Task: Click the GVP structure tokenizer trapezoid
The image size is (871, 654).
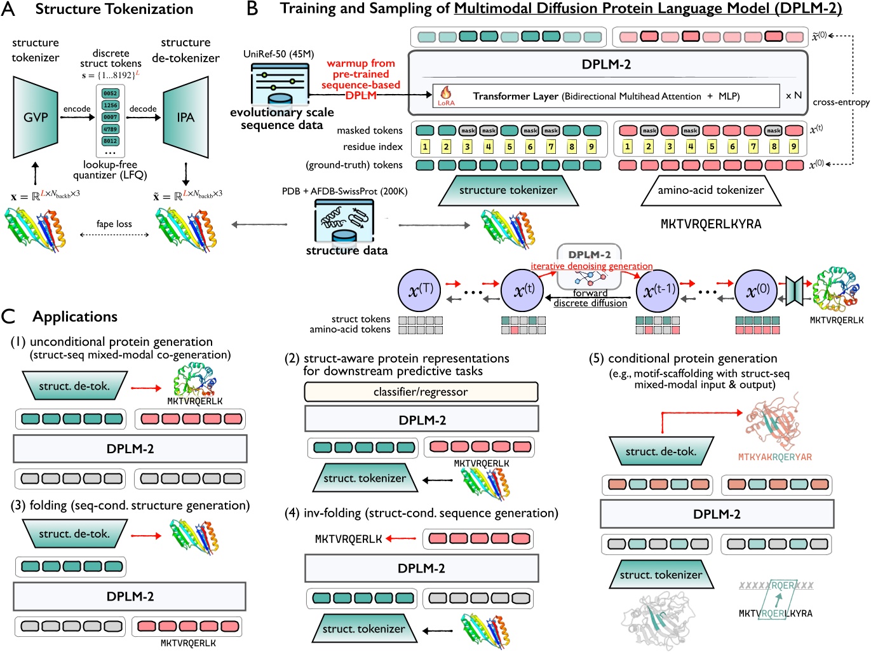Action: [36, 118]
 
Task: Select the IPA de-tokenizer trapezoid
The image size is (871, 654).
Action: [186, 118]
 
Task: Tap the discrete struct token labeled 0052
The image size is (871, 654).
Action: [111, 93]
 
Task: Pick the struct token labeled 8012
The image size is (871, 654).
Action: [111, 141]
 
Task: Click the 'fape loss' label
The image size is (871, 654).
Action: [114, 224]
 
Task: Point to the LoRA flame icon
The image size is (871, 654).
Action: [446, 94]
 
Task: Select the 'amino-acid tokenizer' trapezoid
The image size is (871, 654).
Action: [710, 190]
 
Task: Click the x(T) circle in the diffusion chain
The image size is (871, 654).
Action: [419, 290]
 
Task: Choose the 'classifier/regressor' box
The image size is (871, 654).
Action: [421, 392]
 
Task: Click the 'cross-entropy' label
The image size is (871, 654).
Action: [841, 102]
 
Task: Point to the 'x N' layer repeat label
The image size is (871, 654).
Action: [793, 95]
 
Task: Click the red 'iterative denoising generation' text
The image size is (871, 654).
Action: [591, 266]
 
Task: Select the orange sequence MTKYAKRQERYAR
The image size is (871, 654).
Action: [774, 457]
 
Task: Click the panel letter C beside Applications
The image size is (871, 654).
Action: [8, 317]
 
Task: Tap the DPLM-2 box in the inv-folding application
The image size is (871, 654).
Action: [421, 568]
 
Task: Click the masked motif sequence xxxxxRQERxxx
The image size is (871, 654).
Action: [776, 585]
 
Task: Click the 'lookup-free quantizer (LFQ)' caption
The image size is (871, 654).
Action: [110, 170]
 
